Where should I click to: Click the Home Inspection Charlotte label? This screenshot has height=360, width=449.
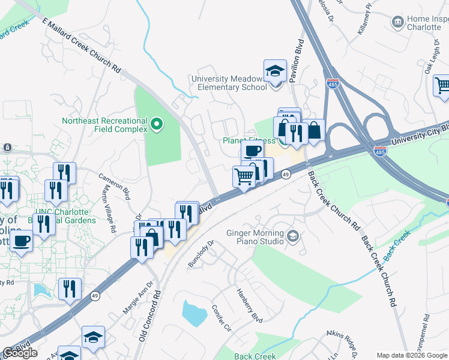tap(427, 23)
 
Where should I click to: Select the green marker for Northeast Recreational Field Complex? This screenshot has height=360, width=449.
tap(157, 125)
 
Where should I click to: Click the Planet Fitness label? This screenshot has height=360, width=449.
tap(243, 140)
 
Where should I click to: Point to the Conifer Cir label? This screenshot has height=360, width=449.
tap(220, 318)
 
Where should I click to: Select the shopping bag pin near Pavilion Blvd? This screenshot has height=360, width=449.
tap(313, 130)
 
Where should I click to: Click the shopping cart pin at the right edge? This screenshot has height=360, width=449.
tap(442, 86)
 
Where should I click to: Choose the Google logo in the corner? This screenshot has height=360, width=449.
tap(20, 353)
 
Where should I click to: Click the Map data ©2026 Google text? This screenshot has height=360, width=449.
tap(412, 355)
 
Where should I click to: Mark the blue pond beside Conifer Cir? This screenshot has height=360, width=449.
tap(194, 313)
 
